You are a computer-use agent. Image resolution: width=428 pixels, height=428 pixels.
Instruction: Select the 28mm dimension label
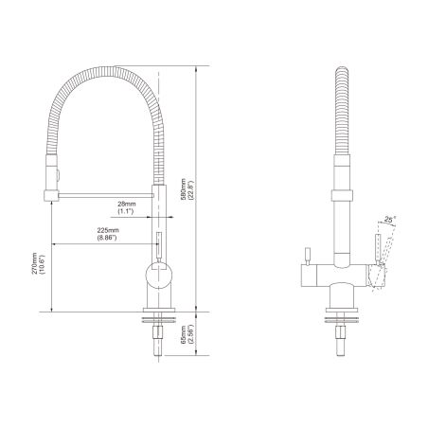pos(126,204)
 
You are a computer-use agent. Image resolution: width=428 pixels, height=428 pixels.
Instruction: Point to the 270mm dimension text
pos(34,273)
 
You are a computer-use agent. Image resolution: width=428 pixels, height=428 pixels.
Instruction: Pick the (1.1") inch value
pos(126,212)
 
